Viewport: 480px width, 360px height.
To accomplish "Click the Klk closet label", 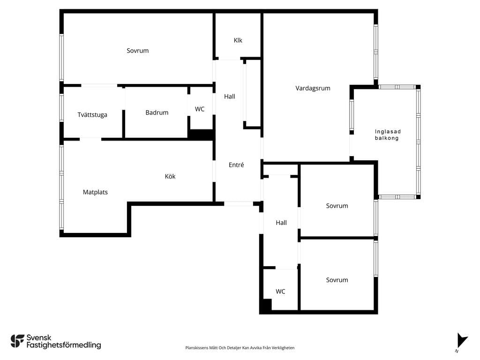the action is point(238,40).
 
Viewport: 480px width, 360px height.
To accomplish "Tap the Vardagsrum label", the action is point(313,89).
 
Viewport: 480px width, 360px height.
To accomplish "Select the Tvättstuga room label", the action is point(92,115).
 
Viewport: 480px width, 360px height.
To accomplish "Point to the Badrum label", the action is point(157,112).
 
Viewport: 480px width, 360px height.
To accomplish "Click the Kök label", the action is point(170,176).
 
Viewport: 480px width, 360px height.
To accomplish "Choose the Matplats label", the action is point(95,192).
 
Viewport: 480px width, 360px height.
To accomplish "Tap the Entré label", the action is point(236,165).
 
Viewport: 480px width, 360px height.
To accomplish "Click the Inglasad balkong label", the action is point(388,135).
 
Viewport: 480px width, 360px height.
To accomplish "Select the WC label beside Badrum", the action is point(200,109).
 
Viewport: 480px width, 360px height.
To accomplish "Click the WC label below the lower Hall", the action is point(280,292).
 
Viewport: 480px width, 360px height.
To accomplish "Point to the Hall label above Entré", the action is point(230,97).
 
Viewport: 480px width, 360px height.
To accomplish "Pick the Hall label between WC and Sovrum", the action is point(281,223).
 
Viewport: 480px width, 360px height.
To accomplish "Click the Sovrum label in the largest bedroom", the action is point(138,51).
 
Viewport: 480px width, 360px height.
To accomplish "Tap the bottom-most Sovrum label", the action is point(337,280).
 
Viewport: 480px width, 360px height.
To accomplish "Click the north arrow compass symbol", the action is point(462,341).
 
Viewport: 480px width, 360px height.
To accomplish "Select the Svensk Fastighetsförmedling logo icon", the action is point(17,341).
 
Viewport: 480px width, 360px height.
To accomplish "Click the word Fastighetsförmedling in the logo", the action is point(64,345).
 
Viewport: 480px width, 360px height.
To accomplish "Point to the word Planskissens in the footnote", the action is point(196,348).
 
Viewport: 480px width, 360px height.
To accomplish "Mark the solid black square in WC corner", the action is point(266,306).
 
